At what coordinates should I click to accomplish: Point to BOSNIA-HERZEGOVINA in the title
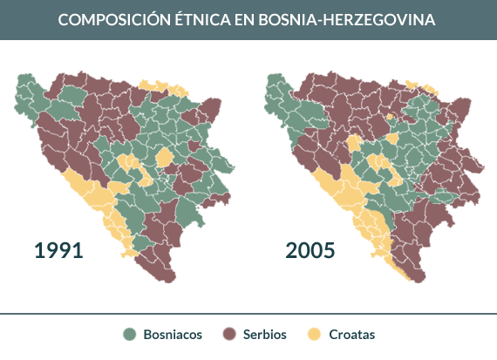tap(349, 19)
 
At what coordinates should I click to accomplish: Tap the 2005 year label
tap(310, 251)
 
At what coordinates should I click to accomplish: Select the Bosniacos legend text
tap(173, 335)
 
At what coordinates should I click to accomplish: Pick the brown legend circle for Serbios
tap(231, 335)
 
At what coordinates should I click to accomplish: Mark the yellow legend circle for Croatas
tap(315, 335)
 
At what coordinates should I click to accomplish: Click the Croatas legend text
tap(352, 335)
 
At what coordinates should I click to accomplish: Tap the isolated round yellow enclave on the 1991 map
tap(164, 158)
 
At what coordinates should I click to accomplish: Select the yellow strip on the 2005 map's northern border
tap(410, 85)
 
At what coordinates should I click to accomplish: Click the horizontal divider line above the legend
tap(248, 312)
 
